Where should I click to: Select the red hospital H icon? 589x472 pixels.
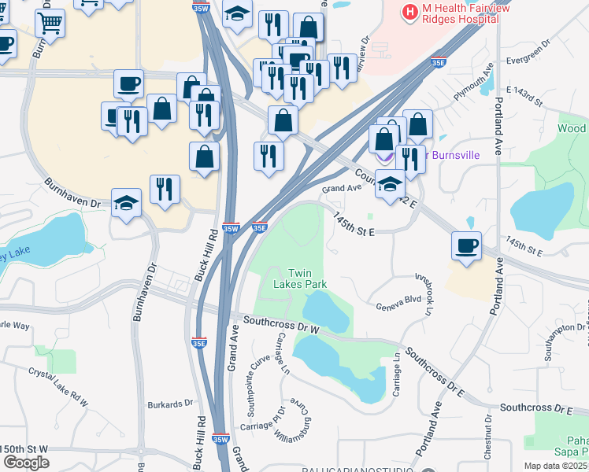point(409,12)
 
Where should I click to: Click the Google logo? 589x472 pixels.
point(25,463)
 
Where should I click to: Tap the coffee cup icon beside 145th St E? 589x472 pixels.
point(466,245)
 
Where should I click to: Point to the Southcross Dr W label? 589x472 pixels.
point(281,323)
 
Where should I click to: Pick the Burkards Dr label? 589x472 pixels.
point(169,404)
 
